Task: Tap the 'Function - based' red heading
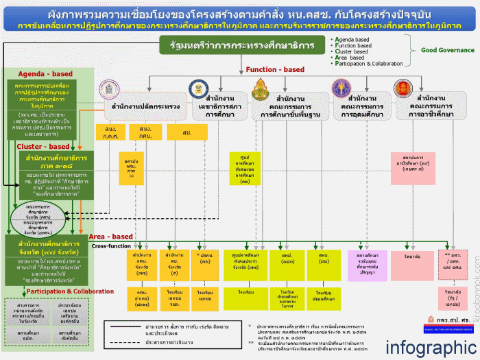275,70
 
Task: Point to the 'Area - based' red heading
110,237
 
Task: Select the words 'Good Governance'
447,50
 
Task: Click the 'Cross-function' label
110,245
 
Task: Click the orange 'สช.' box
187,131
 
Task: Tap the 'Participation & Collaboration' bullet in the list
374,64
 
